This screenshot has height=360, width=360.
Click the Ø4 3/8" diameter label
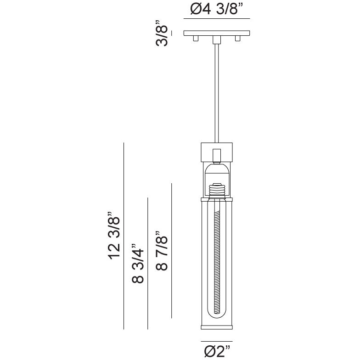(217, 9)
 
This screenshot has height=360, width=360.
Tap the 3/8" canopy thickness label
(162, 33)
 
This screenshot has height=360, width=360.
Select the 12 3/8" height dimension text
(114, 236)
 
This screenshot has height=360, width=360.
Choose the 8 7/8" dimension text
(162, 251)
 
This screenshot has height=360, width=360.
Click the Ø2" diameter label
(217, 351)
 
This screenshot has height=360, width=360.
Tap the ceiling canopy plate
(217, 33)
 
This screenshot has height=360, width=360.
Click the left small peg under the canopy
(196, 39)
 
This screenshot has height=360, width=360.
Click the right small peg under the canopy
(238, 39)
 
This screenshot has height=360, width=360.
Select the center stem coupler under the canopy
(217, 39)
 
